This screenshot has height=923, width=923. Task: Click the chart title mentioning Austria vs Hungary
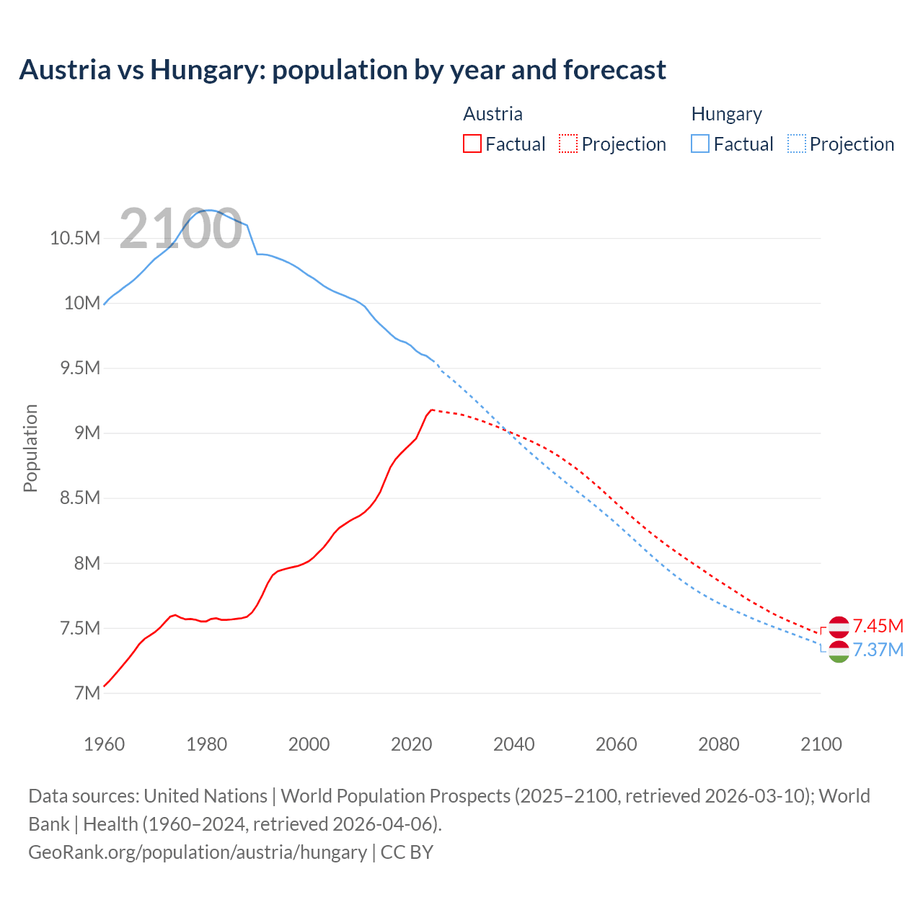tap(343, 70)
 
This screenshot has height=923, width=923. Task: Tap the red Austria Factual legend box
tap(472, 144)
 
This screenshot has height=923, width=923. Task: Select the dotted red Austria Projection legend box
tap(568, 144)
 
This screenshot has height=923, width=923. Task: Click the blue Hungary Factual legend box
tap(699, 144)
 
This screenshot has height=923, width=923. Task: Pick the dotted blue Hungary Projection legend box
tap(796, 144)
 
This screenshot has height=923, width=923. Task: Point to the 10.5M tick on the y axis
tap(74, 238)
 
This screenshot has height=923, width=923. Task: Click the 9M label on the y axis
tap(87, 433)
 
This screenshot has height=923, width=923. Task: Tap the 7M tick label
tap(87, 693)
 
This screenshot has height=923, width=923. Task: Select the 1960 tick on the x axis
tap(105, 744)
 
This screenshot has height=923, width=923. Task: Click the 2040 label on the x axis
tap(513, 744)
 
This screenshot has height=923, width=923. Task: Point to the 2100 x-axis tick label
tap(821, 744)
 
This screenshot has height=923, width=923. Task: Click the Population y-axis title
tap(30, 448)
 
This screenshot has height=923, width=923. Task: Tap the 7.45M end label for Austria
tap(878, 626)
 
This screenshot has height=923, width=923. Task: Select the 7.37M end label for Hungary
tap(878, 650)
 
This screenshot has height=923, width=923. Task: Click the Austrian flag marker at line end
tap(839, 627)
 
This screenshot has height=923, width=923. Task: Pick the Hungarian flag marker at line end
tap(839, 652)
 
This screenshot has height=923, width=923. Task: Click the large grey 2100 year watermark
tap(180, 229)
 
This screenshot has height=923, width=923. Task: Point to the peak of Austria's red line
tap(431, 410)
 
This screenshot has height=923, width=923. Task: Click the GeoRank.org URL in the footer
tap(198, 852)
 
